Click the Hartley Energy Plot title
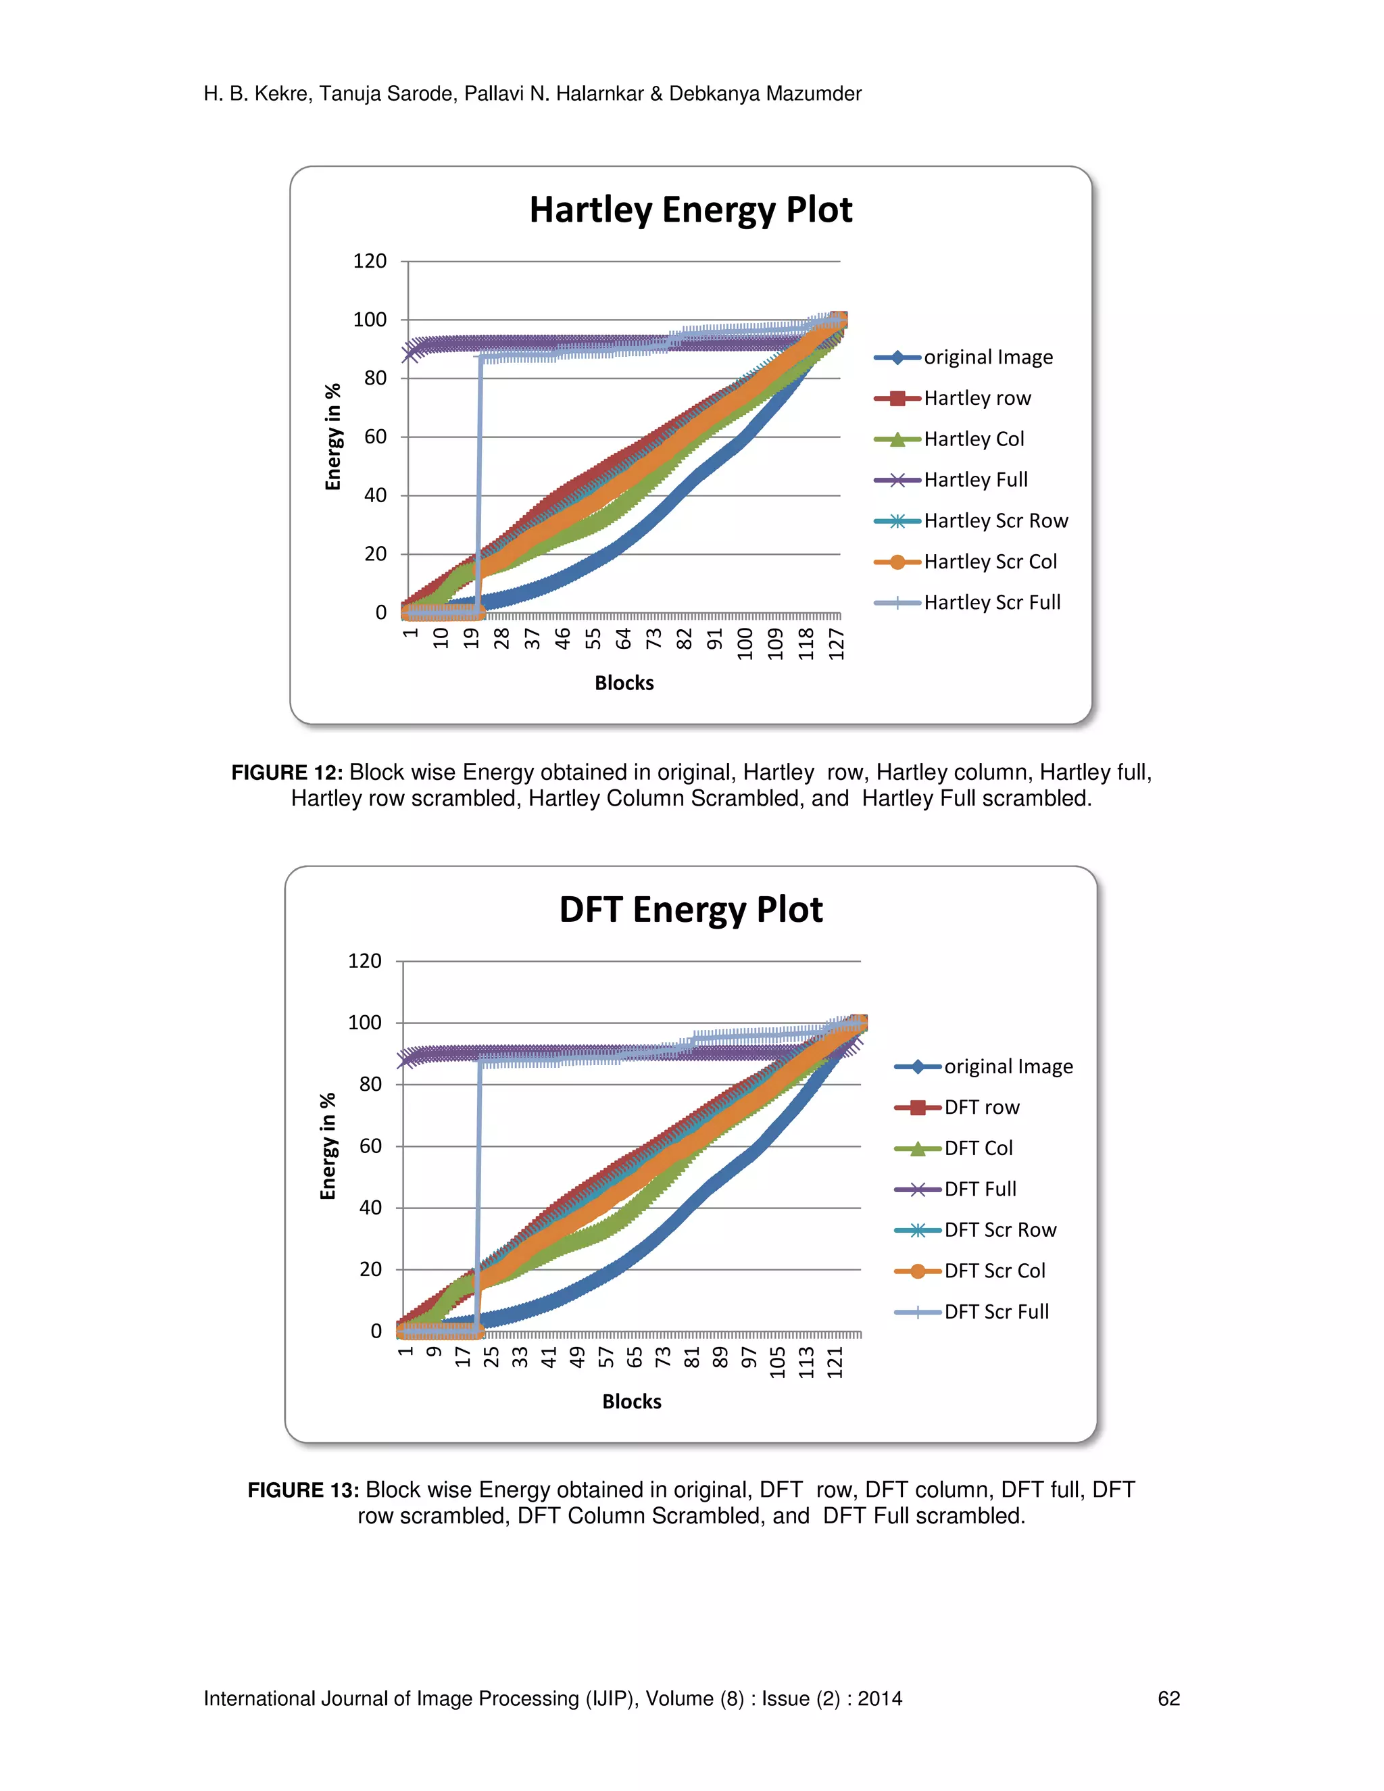point(691,210)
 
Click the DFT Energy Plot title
point(691,910)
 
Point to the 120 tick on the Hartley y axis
point(369,262)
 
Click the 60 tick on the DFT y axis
point(370,1146)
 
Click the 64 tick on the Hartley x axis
point(623,639)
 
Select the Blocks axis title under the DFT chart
point(631,1402)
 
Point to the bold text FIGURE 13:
point(303,1490)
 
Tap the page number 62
point(1168,1698)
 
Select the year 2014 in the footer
point(880,1698)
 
